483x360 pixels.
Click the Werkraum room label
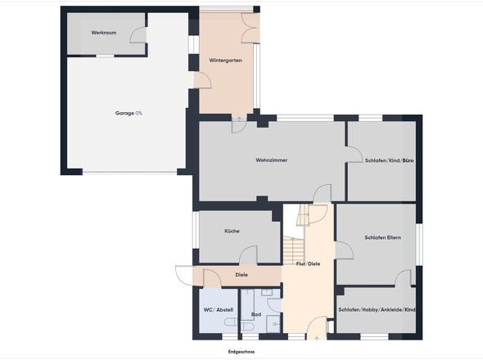coord(104,33)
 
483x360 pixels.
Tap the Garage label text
coord(124,114)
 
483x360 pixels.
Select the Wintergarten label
coord(225,61)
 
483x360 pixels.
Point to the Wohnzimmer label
coord(271,160)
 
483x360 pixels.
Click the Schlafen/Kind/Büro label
coord(390,160)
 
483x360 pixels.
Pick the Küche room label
coord(232,231)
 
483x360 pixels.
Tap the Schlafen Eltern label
coord(383,237)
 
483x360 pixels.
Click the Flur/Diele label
coord(308,263)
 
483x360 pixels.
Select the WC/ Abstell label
coord(219,310)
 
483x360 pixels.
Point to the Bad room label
coord(256,314)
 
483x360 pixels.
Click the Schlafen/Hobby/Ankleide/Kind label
coord(377,309)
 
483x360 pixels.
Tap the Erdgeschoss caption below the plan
coord(241,352)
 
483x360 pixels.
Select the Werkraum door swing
coord(138,35)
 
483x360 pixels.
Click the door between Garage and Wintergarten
coord(202,80)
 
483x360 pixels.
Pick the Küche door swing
coord(248,255)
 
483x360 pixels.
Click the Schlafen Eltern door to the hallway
coord(344,250)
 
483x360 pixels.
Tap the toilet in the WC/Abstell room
coord(231,322)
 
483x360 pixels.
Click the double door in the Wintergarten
coord(251,28)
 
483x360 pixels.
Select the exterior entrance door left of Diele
coord(184,276)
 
